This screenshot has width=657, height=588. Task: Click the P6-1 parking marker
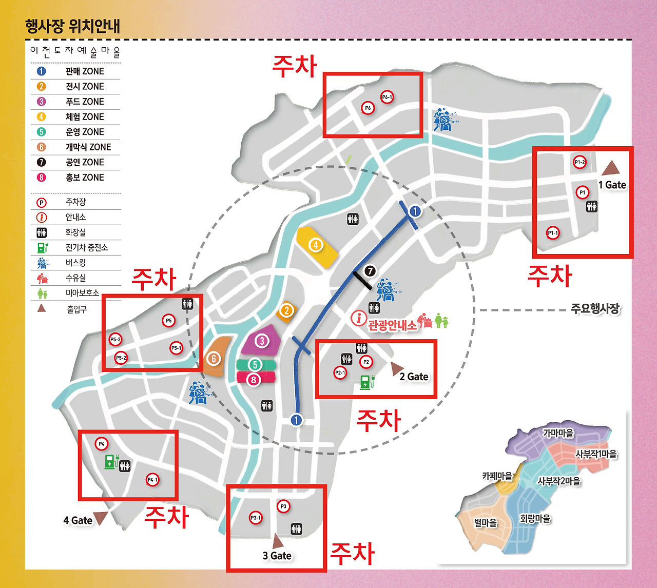click(387, 97)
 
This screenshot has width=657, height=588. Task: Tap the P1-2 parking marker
click(579, 162)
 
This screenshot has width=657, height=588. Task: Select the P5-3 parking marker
click(115, 339)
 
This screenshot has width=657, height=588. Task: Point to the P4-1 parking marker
click(152, 480)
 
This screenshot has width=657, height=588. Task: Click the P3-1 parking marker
click(256, 518)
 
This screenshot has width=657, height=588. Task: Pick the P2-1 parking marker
click(340, 373)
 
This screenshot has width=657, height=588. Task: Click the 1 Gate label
click(612, 185)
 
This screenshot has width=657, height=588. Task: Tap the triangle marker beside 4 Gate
click(100, 518)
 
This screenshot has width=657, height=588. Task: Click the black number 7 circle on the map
click(370, 271)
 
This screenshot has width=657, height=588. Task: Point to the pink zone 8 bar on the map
click(255, 379)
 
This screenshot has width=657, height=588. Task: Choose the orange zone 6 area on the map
click(216, 357)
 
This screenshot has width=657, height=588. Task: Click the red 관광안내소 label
click(392, 325)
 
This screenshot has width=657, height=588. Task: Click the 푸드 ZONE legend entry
click(85, 102)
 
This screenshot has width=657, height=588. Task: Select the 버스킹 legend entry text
click(75, 263)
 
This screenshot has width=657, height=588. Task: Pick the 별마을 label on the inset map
click(486, 523)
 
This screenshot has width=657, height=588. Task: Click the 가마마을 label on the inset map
click(558, 433)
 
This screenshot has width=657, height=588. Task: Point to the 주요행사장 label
click(595, 309)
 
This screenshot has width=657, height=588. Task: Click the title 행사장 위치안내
click(72, 26)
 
